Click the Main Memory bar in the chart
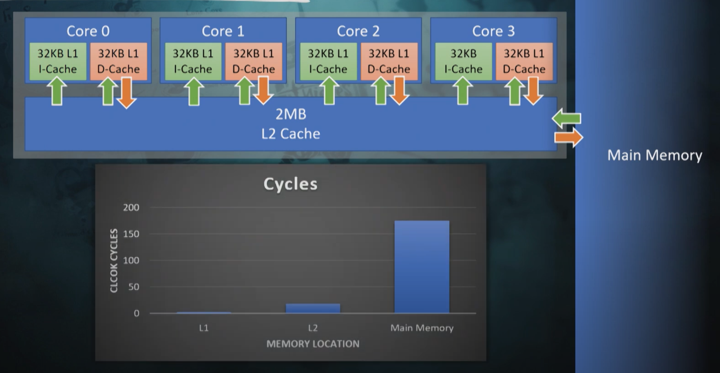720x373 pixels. tap(422, 266)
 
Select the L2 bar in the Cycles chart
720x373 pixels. tap(313, 308)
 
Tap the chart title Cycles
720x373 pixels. tap(290, 184)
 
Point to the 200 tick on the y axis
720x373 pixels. tap(131, 207)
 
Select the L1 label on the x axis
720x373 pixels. tap(204, 328)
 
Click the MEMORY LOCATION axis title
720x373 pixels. tap(313, 344)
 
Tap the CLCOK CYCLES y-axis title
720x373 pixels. tap(114, 260)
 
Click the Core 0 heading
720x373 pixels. tap(88, 31)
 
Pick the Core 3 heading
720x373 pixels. tap(493, 31)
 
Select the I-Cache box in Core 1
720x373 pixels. tap(193, 61)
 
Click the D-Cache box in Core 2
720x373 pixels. tap(389, 61)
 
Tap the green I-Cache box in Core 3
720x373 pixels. tap(463, 61)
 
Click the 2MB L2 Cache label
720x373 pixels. tap(290, 124)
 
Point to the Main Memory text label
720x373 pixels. tap(655, 155)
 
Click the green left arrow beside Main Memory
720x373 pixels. tap(567, 118)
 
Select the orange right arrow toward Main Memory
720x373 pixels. tap(569, 138)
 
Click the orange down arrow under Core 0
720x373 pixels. tap(126, 93)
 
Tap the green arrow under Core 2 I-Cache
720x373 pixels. tap(329, 91)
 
